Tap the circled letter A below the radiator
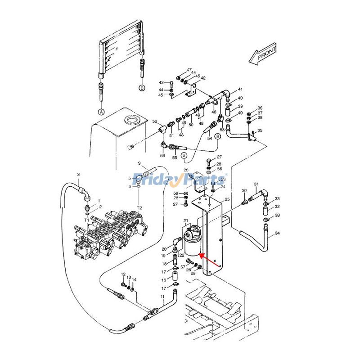point(101,111)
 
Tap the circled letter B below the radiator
point(142,88)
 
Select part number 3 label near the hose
point(78,175)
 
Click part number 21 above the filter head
point(185,220)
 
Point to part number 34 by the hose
point(278,233)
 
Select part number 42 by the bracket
point(203,78)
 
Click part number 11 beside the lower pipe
point(163,296)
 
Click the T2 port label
point(139,207)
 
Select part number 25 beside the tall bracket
point(227,199)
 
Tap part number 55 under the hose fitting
point(175,158)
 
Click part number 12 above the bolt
point(123,274)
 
